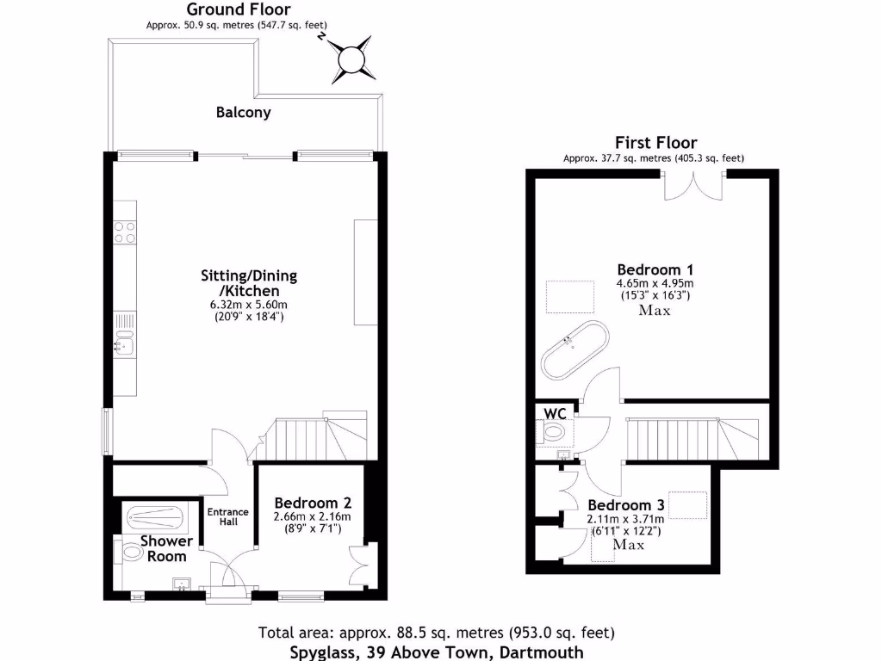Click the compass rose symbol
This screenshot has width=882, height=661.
[351, 59]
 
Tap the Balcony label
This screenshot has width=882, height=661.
[244, 112]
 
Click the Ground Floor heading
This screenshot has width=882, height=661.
[239, 9]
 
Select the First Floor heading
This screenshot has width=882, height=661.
[655, 143]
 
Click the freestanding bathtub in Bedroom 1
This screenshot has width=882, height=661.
[575, 349]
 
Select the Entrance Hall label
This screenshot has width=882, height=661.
[228, 517]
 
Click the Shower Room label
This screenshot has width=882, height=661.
[167, 549]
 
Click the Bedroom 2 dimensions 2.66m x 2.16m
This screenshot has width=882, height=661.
[313, 516]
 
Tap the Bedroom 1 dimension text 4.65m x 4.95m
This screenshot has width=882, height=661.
[655, 283]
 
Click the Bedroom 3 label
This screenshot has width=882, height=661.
[626, 505]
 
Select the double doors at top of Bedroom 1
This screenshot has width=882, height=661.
[694, 184]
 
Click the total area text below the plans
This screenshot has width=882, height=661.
[437, 633]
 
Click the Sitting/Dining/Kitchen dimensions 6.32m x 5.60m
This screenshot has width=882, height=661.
[249, 305]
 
